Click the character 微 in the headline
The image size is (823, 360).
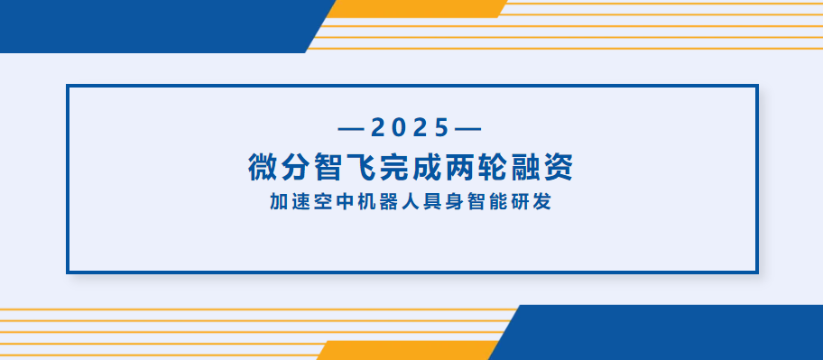264,167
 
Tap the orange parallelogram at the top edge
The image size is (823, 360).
415,8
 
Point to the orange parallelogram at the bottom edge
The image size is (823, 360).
406,351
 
